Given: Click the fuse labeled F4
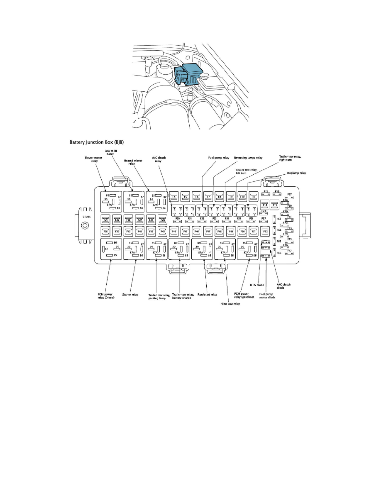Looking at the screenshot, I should [x=174, y=197].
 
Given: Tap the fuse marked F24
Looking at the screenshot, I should [x=105, y=220].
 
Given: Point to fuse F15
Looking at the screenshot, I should [x=275, y=205].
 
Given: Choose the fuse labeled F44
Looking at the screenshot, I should [x=174, y=231].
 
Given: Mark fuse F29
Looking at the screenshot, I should [x=163, y=220].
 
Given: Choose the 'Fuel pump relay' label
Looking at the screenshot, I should [x=218, y=158].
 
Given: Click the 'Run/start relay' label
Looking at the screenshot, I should [x=208, y=294].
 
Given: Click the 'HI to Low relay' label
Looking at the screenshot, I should [x=231, y=303].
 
